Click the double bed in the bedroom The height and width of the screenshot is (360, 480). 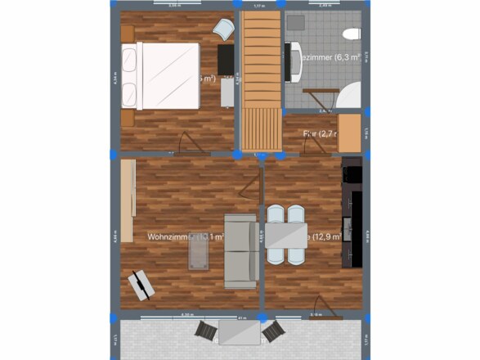(x=162, y=75)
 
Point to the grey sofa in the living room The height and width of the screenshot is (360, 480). (x=240, y=251)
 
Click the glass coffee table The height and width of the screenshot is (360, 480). (x=198, y=250)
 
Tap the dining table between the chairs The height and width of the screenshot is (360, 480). (x=285, y=235)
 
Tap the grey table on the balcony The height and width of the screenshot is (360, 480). (x=239, y=331)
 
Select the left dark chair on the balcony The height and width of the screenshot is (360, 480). (x=205, y=331)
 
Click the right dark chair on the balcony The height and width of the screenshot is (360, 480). (x=274, y=331)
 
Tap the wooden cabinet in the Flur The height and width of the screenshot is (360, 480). (x=349, y=133)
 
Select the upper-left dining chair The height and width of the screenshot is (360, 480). (x=275, y=214)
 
